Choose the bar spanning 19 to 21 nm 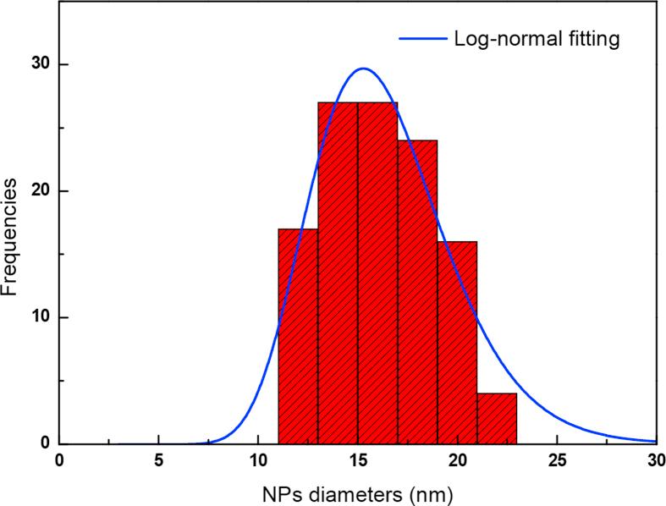(x=457, y=343)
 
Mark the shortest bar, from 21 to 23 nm (x=497, y=418)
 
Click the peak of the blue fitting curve (x=363, y=69)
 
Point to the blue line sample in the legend (x=421, y=39)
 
